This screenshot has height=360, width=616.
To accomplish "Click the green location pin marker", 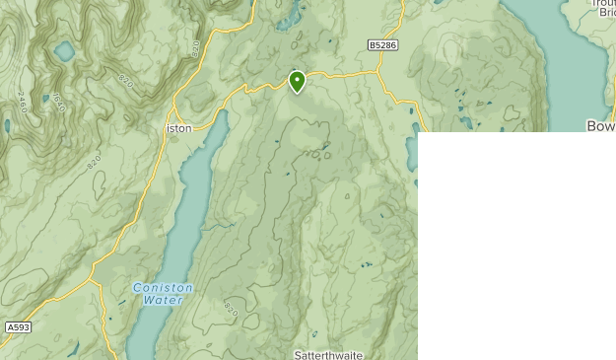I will pyautogui.click(x=297, y=81).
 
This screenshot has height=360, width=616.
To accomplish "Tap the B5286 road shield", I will pyautogui.click(x=383, y=45).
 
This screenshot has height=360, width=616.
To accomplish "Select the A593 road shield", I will pyautogui.click(x=17, y=326).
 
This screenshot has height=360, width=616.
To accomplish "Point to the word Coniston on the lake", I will pyautogui.click(x=164, y=288).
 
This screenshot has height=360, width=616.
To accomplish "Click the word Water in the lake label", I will pyautogui.click(x=163, y=299).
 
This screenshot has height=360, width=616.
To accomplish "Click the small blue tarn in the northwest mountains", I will pyautogui.click(x=65, y=50).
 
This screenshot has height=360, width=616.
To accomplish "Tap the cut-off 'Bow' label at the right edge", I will pyautogui.click(x=600, y=126).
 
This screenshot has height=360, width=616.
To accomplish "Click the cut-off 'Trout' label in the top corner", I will pyautogui.click(x=600, y=5).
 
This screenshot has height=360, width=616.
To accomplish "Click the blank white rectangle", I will pyautogui.click(x=515, y=247).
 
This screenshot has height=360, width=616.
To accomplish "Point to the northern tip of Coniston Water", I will pyautogui.click(x=223, y=113).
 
